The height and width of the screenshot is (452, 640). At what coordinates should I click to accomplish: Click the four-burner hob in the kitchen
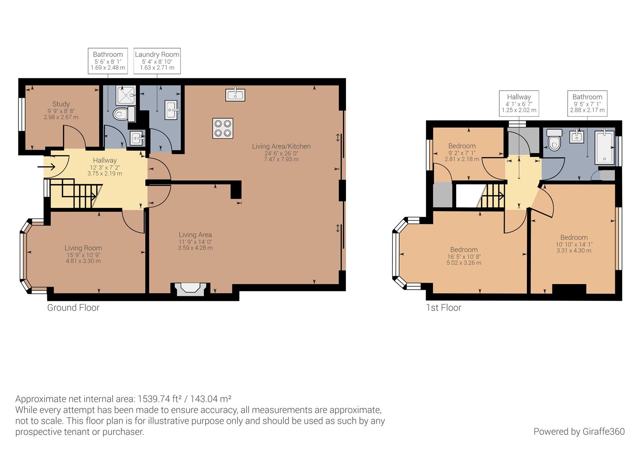point(223,128)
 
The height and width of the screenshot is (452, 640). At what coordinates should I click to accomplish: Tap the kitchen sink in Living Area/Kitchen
point(235,95)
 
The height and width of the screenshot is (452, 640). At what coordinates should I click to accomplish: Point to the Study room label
point(61,104)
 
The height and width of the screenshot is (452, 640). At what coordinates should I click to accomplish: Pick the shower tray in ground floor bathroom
point(126,95)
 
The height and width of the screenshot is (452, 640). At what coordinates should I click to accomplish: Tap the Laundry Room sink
point(172,110)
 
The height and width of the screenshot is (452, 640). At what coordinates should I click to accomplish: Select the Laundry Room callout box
point(157,61)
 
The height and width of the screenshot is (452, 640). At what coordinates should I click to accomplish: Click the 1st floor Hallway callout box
point(519,103)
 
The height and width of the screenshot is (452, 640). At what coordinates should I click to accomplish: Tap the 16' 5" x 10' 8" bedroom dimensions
point(464,257)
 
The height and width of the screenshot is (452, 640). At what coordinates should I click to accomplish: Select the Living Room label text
point(83,248)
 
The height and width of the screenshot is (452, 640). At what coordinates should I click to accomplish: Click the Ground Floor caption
point(73,308)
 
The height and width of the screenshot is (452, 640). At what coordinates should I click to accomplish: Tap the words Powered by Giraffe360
point(579,431)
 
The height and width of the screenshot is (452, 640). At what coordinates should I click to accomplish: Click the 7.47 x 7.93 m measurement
point(281,159)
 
